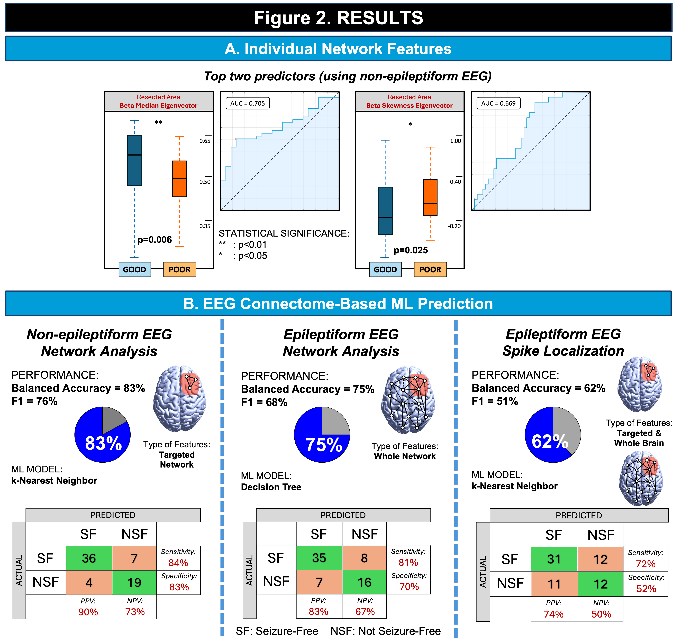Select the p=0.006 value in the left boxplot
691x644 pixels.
(x=155, y=240)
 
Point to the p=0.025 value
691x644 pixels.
(x=411, y=250)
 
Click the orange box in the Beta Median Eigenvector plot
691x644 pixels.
(x=179, y=179)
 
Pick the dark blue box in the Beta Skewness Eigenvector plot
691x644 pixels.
(x=385, y=210)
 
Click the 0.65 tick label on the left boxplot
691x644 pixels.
(x=205, y=141)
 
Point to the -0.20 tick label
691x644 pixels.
(x=454, y=226)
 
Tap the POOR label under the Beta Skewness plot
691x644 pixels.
(x=430, y=269)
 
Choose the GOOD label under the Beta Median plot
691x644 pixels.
(x=134, y=269)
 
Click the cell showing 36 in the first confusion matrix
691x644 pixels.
(x=89, y=558)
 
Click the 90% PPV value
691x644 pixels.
(x=88, y=612)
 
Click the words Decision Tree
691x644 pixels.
(x=271, y=487)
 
